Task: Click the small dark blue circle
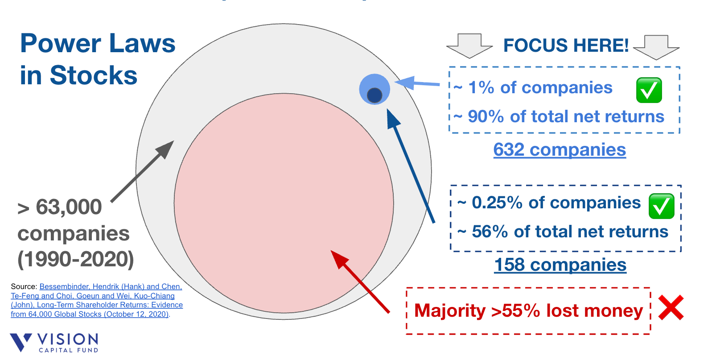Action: click(x=375, y=95)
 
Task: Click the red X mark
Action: click(x=671, y=308)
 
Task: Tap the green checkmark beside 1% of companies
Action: click(x=649, y=90)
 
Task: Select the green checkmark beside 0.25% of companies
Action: click(x=661, y=206)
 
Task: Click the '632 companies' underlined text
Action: click(x=560, y=150)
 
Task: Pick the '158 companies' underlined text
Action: click(x=560, y=265)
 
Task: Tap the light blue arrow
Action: click(x=417, y=83)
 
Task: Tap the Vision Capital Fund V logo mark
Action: click(x=21, y=342)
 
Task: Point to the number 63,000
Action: click(x=69, y=207)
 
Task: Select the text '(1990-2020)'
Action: click(x=76, y=259)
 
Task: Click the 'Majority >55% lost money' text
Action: click(x=528, y=311)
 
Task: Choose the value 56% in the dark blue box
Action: click(x=490, y=232)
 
